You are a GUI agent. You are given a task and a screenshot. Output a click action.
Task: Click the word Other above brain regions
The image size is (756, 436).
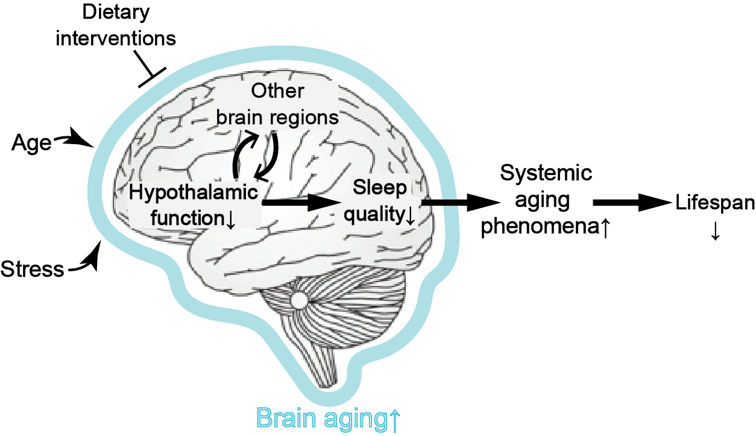[278, 91]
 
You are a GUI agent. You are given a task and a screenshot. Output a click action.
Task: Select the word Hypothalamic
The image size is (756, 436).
[194, 193]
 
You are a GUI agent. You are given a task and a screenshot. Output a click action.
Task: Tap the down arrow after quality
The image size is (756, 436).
[409, 215]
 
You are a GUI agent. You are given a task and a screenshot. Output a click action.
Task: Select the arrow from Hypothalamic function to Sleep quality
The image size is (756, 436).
[298, 204]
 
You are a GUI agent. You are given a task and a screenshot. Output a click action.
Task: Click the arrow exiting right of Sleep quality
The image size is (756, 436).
[446, 203]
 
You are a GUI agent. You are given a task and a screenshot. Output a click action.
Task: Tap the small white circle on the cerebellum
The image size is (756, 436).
[298, 299]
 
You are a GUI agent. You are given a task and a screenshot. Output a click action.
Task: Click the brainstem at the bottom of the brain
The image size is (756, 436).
[329, 365]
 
